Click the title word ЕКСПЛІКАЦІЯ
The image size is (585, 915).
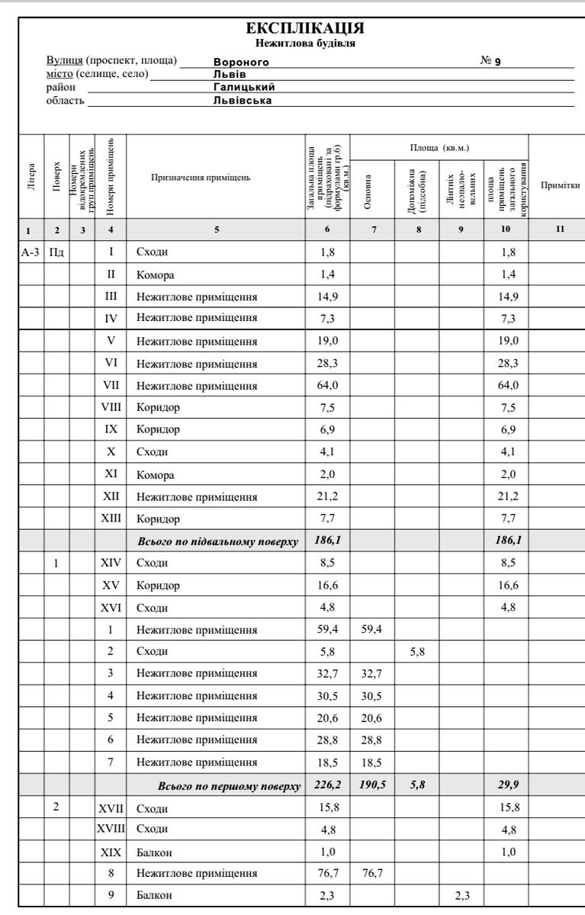(x=304, y=29)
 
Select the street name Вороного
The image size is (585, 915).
(x=241, y=62)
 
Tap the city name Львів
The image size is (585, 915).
(x=229, y=74)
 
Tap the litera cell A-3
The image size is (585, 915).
(x=32, y=251)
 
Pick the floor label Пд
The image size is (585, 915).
(x=56, y=251)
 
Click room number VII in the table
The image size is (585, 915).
(x=111, y=384)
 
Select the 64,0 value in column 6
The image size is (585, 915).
(x=327, y=384)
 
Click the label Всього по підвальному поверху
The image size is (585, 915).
(x=217, y=541)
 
